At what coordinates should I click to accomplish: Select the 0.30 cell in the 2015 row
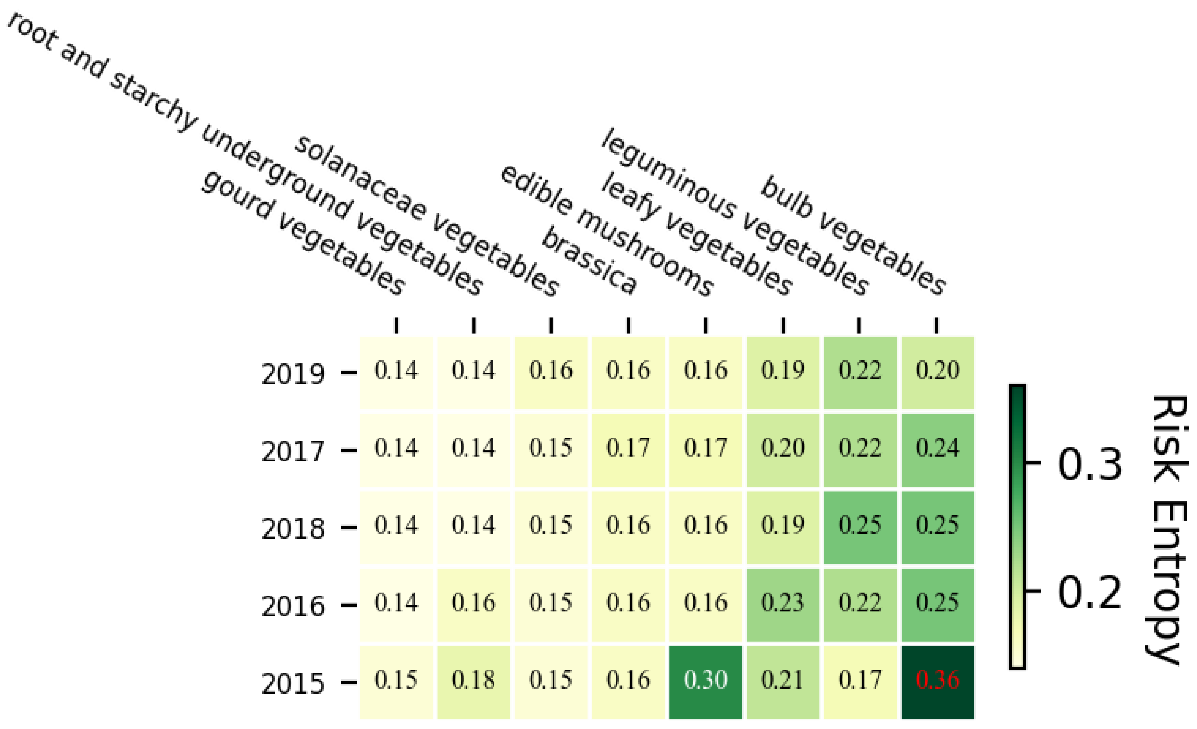tap(705, 680)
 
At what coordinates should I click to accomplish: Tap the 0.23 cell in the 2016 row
tap(783, 603)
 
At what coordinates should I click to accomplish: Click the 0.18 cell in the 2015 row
tap(473, 680)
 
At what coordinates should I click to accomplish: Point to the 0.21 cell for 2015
tap(783, 680)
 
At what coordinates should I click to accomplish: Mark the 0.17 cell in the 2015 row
tap(860, 680)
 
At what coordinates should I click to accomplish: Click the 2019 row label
tap(293, 375)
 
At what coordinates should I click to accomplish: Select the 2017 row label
tap(293, 452)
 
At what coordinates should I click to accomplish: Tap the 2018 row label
tap(293, 529)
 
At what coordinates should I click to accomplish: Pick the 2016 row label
tap(293, 607)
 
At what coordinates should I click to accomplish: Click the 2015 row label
tap(293, 684)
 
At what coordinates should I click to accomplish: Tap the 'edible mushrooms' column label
tap(607, 231)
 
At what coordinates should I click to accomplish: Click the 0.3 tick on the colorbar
tap(1089, 464)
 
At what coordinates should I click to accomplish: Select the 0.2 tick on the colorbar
tap(1089, 592)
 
